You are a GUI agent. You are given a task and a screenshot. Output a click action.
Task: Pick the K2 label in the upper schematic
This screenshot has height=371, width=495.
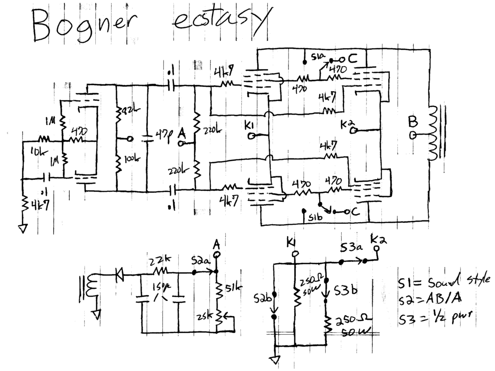coord(346,125)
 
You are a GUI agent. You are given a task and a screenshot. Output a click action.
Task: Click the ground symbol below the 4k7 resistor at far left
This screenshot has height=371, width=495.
coord(21,228)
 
